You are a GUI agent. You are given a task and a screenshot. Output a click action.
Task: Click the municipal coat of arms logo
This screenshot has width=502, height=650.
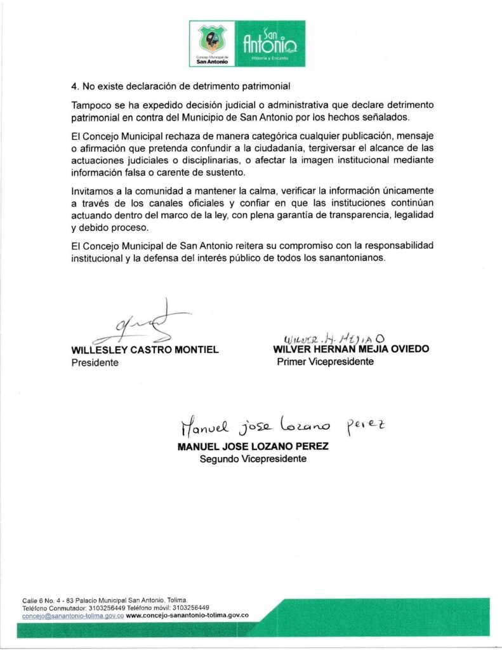[212, 43]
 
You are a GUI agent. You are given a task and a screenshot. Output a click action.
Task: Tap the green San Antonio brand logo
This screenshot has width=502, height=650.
[270, 43]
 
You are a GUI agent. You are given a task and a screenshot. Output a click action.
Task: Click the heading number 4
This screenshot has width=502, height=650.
[74, 86]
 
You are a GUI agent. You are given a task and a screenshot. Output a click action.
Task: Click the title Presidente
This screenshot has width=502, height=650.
[95, 363]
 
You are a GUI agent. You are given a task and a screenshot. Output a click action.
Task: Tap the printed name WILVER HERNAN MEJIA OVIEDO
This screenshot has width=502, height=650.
[351, 349]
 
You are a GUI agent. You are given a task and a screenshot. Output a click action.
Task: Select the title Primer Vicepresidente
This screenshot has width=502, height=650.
[325, 362]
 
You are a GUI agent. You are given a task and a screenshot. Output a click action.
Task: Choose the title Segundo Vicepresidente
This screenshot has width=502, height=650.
[253, 458]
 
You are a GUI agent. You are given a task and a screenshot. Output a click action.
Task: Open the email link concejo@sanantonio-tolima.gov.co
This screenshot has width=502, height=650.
[72, 615]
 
